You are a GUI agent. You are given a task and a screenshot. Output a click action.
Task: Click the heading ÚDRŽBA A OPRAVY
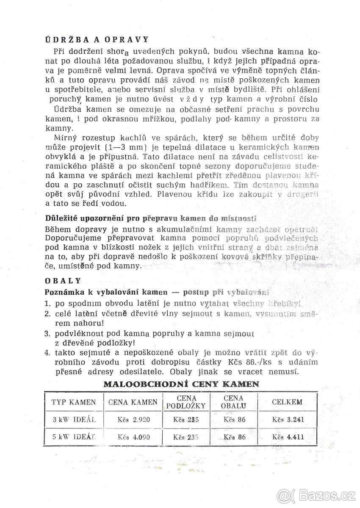(x=97, y=39)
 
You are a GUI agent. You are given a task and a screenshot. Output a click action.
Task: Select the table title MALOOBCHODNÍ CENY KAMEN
(x=181, y=385)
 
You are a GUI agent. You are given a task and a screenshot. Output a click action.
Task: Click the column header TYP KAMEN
(x=74, y=402)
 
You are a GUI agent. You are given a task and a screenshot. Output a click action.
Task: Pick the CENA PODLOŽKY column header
(x=186, y=402)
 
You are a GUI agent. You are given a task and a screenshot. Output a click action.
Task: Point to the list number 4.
(x=47, y=352)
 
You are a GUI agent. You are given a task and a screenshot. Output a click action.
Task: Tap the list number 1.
(x=47, y=304)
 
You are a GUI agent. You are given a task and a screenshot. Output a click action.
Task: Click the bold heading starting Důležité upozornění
(x=150, y=218)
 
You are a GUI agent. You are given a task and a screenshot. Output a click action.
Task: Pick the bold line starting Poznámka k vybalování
(x=157, y=292)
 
